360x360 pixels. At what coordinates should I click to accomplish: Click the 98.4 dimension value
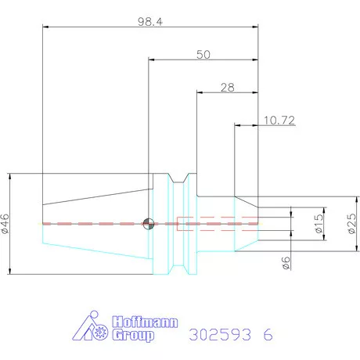[x=150, y=22]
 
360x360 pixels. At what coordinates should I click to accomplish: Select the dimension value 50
[x=203, y=55]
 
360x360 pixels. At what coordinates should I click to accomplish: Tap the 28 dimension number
[x=228, y=88]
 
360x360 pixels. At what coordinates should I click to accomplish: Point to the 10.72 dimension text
[x=279, y=121]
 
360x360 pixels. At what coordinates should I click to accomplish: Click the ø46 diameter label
[x=5, y=223]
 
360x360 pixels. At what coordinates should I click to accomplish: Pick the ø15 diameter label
[x=319, y=224]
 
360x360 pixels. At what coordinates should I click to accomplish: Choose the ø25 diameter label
[x=351, y=224]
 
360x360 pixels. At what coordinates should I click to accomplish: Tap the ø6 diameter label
[x=286, y=263]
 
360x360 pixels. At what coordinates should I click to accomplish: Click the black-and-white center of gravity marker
[x=149, y=224]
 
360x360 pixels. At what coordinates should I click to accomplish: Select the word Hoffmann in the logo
[x=145, y=322]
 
